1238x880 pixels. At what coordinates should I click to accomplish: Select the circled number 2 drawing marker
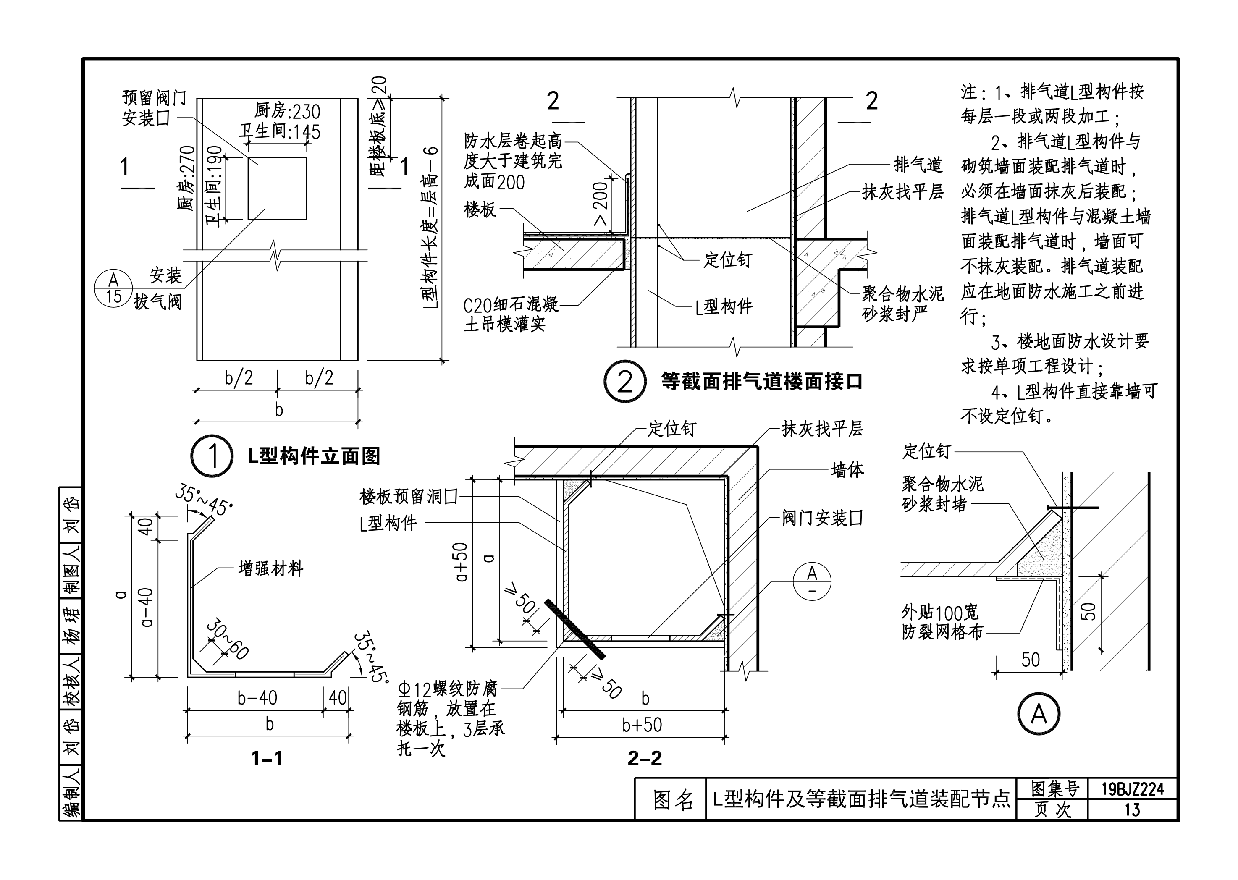tap(625, 382)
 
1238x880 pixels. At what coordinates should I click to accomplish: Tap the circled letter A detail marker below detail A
tap(1039, 714)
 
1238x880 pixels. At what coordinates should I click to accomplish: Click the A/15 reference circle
tap(113, 288)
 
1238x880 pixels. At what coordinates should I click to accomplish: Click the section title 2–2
tap(645, 757)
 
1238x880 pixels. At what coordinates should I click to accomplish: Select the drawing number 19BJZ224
tap(1132, 789)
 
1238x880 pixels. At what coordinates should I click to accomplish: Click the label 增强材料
tap(271, 569)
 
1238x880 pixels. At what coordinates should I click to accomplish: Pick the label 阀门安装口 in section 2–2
tap(822, 519)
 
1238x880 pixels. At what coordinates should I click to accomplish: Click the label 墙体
tap(847, 470)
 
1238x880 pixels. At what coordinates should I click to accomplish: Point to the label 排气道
tap(918, 165)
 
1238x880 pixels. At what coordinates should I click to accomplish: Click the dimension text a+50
tap(461, 562)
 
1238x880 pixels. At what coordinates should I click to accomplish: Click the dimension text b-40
tap(257, 697)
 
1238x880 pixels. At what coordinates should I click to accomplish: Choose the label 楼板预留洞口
tap(409, 496)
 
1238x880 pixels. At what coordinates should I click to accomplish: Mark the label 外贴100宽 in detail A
tap(940, 612)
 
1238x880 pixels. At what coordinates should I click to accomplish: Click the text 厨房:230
tap(287, 112)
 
